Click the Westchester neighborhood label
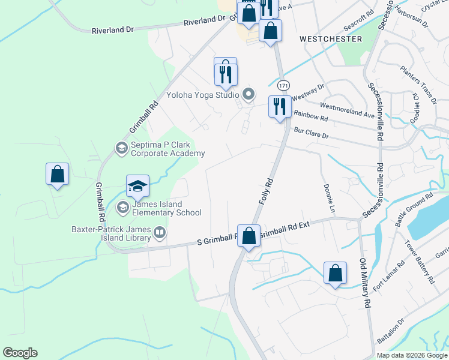331,39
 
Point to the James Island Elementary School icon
123,208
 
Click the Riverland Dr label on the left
112,31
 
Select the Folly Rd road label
267,191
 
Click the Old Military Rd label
364,283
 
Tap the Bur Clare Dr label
311,133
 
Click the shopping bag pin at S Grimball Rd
249,235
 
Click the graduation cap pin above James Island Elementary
137,185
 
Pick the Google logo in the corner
20,353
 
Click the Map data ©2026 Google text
412,355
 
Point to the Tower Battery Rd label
419,262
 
